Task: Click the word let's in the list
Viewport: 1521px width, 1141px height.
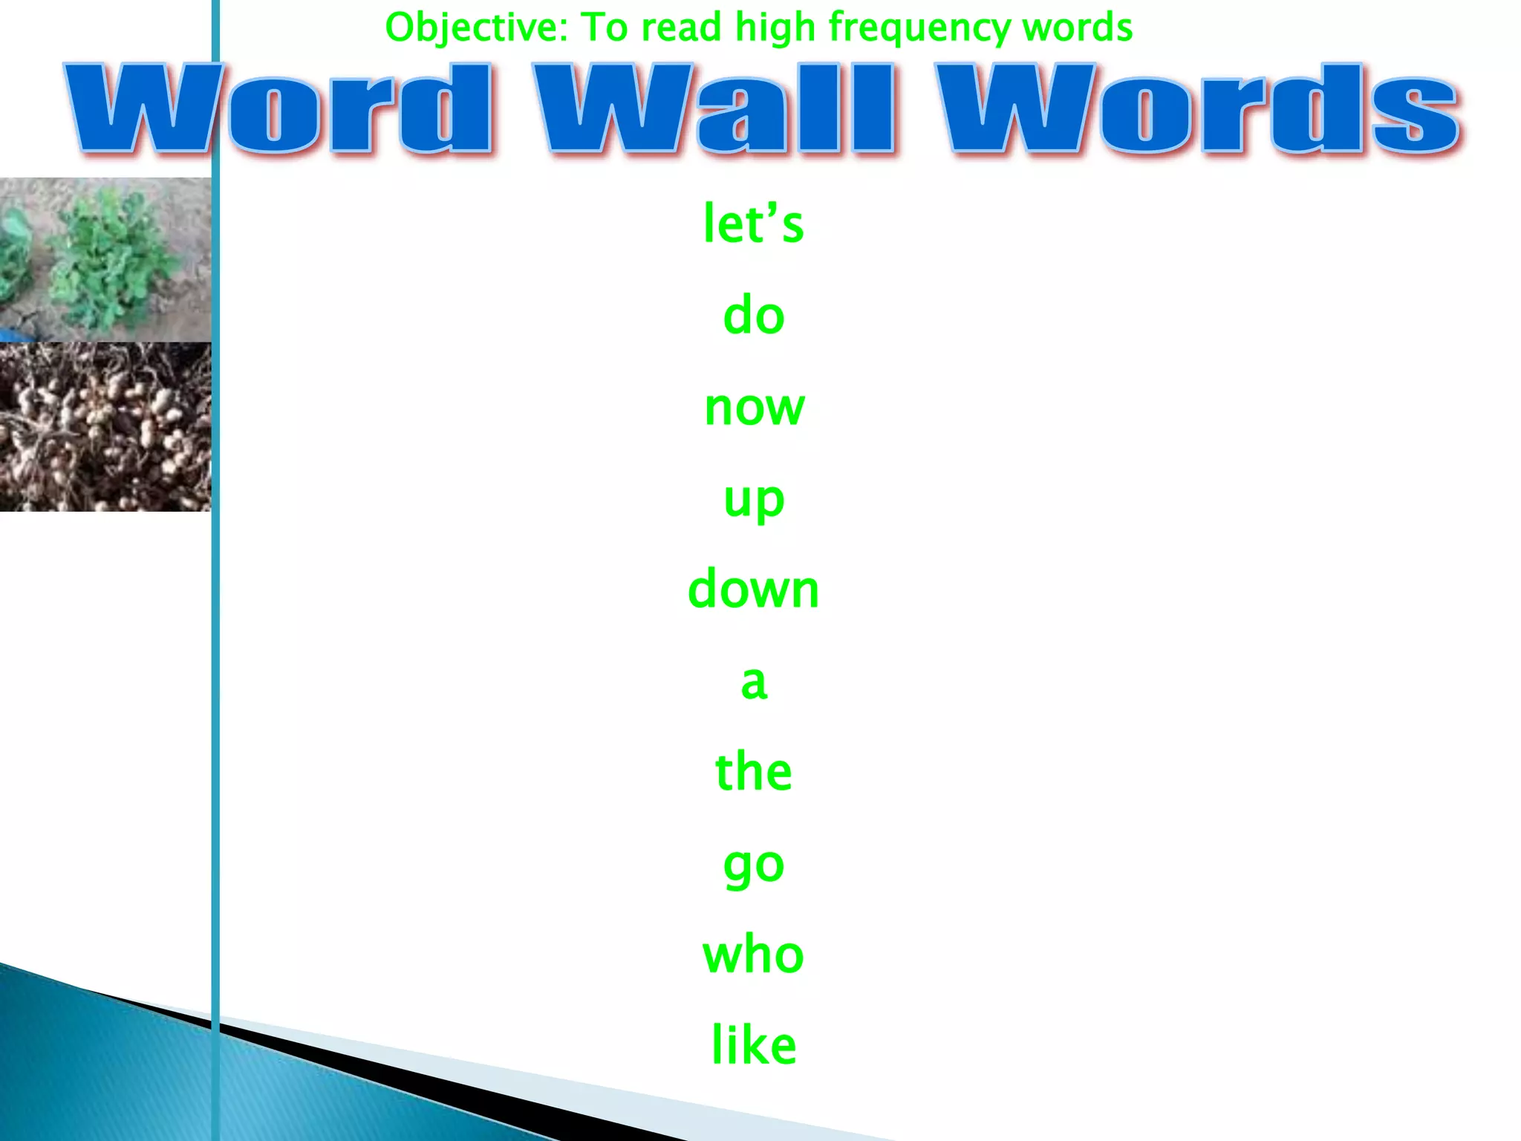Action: (x=753, y=224)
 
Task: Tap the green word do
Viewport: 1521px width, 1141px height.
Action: (x=753, y=316)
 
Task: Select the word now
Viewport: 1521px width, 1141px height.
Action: (x=754, y=408)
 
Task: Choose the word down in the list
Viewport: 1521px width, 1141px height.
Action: (x=753, y=590)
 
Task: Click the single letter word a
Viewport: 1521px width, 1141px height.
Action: (x=753, y=682)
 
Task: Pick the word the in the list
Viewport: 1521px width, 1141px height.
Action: (x=753, y=772)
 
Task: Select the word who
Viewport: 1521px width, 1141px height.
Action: (x=753, y=955)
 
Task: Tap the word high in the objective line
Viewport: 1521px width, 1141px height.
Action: (x=775, y=28)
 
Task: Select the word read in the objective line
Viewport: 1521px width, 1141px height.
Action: (x=681, y=28)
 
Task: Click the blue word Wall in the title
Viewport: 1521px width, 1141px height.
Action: (x=714, y=109)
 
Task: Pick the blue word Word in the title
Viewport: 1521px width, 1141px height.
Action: (x=279, y=109)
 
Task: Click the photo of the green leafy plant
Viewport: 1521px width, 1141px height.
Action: (x=105, y=259)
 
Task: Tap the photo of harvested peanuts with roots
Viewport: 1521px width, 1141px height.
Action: (x=105, y=426)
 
